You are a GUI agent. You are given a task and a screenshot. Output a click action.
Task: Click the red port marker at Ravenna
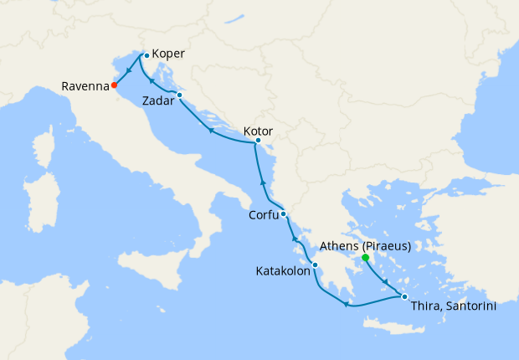[x=114, y=85]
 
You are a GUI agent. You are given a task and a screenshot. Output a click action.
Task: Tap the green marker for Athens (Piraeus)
[x=365, y=258]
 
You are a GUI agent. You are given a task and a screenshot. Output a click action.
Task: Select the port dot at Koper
[x=146, y=55]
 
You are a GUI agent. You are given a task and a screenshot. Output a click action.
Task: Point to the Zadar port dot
[x=179, y=95]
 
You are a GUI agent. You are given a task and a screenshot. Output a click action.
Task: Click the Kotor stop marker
[x=258, y=141]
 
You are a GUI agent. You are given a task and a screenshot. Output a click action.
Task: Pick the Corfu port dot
[x=284, y=213]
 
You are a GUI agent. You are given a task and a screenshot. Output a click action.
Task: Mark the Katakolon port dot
[x=315, y=265]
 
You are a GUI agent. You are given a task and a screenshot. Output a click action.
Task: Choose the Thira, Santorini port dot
[x=403, y=297]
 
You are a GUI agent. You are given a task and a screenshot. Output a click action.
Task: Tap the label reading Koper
[x=169, y=55]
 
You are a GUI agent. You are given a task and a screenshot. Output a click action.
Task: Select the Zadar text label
[x=158, y=100]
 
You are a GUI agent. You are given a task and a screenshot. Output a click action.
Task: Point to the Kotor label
[x=257, y=131]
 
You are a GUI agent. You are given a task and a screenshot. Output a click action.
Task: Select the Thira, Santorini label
[x=454, y=306]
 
